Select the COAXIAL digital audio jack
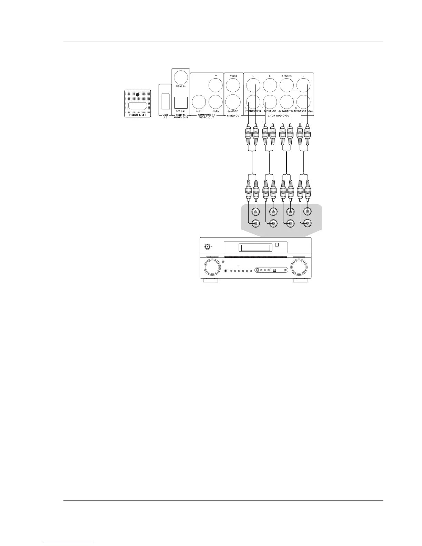pos(181,77)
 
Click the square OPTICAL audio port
pos(181,102)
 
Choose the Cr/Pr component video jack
pos(199,102)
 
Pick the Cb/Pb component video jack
pos(216,102)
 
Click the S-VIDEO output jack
pos(233,102)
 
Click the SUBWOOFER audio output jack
pos(287,102)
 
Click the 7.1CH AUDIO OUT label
pos(279,116)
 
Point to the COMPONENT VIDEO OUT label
pos(206,116)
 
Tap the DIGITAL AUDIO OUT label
pos(181,116)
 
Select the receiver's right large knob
pos(299,267)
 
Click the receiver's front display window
pos(255,248)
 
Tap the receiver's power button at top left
pos(208,246)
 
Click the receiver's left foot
pos(210,281)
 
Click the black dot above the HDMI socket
pos(138,94)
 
